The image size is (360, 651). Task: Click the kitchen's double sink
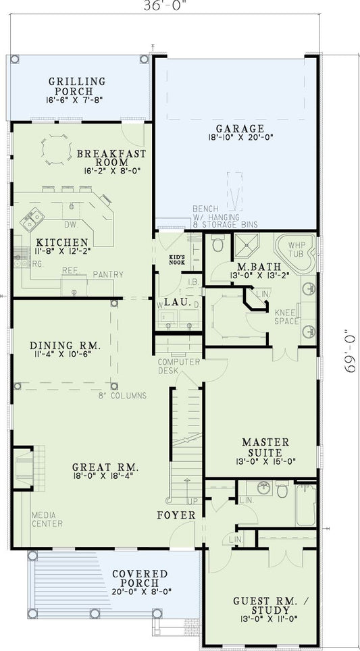click(x=32, y=219)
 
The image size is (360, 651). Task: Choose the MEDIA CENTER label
click(x=47, y=519)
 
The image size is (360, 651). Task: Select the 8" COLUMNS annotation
click(x=122, y=396)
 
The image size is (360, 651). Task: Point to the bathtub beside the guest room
click(x=306, y=504)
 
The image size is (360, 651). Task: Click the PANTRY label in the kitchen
click(x=108, y=274)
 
